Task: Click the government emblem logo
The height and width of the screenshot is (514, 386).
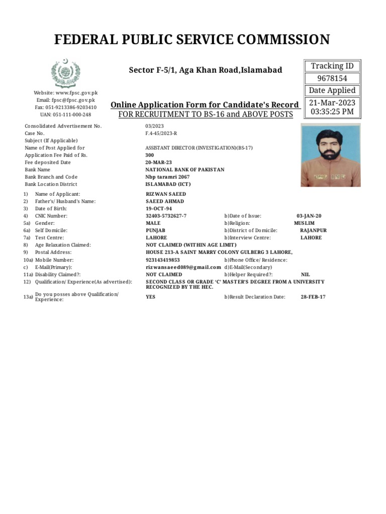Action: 65,73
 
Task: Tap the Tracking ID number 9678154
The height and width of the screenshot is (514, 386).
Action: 332,78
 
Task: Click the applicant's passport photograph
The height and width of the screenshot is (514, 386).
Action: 330,156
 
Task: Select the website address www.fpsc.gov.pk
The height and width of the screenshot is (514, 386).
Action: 76,93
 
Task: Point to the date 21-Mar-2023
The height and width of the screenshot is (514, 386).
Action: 332,102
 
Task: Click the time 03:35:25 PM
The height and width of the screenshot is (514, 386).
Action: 332,111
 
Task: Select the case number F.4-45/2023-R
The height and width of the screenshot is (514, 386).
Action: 161,134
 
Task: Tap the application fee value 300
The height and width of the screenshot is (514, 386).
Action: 150,155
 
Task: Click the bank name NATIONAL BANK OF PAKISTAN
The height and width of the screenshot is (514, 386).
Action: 184,170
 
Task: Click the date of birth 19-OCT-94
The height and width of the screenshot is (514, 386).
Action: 159,208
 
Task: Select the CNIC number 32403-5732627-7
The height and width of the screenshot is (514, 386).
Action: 166,216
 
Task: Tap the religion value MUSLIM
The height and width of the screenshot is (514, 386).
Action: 304,223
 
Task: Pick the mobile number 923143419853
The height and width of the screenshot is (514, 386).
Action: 162,260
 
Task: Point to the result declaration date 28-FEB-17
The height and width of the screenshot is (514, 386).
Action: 313,297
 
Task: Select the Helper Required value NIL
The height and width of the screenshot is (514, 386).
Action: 305,275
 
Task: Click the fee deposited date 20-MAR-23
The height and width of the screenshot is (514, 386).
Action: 159,163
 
